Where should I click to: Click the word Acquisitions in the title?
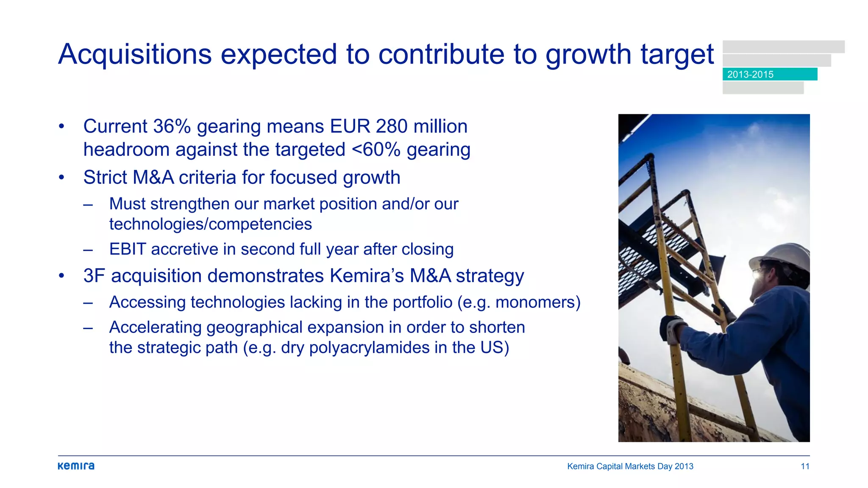135,54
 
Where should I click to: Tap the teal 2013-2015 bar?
770,74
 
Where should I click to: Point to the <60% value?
376,150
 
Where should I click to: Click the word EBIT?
128,249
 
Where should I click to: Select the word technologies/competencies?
210,224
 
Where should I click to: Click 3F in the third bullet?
94,276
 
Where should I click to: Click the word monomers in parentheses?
535,302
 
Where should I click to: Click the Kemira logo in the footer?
76,466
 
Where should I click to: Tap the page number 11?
805,466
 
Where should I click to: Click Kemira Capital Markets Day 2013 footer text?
630,466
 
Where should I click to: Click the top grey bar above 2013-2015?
783,47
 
